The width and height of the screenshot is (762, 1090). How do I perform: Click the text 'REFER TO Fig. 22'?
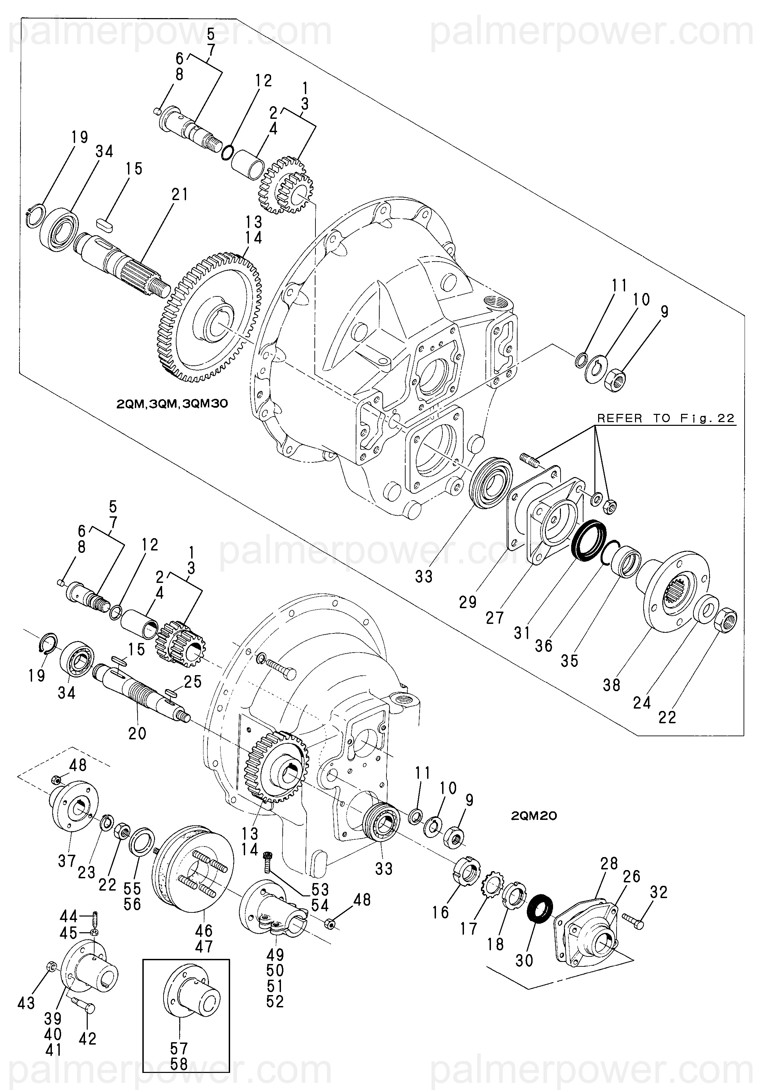tap(666, 418)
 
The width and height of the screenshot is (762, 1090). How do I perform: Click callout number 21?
tap(180, 195)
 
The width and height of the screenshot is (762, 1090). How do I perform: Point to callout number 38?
tap(611, 685)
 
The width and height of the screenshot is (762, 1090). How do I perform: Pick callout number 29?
tap(468, 602)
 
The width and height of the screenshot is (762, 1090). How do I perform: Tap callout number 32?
tap(659, 893)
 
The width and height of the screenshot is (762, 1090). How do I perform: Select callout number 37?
tap(67, 861)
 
